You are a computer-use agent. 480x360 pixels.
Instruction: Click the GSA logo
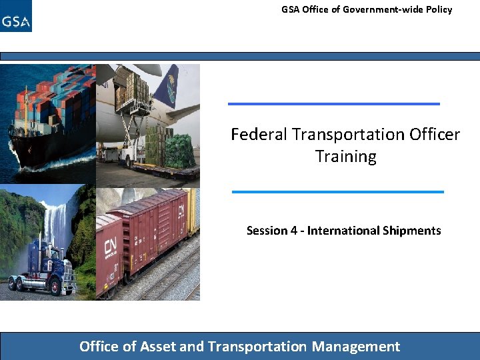(x=16, y=17)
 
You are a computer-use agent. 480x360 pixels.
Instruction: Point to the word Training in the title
(x=345, y=157)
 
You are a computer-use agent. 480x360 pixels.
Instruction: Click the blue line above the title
(x=333, y=103)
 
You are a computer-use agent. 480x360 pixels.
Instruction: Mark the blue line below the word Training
(x=337, y=191)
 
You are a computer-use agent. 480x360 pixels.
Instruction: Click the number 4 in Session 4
(x=293, y=231)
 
